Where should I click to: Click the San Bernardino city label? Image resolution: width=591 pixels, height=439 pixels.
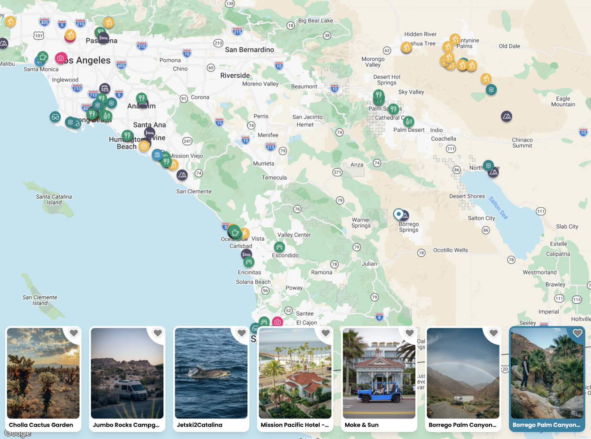[x=249, y=50]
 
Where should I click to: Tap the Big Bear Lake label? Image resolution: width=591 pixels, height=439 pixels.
[x=315, y=21]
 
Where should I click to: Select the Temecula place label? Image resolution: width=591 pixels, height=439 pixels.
[x=274, y=178]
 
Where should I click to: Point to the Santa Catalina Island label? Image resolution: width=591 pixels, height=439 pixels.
[x=54, y=199]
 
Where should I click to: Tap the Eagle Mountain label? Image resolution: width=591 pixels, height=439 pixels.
[x=563, y=101]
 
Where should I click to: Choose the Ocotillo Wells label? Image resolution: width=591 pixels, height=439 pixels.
[x=450, y=250]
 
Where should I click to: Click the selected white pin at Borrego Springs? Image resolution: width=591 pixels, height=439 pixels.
[x=398, y=214]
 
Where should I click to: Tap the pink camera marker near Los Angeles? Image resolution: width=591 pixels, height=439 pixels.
[x=61, y=58]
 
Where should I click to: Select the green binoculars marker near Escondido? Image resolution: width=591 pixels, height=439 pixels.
[x=279, y=247]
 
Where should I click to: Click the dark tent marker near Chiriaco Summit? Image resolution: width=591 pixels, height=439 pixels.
[x=506, y=117]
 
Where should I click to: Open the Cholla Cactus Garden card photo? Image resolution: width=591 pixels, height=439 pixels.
[x=43, y=373]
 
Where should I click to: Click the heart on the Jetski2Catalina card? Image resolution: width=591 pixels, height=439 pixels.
[x=242, y=333]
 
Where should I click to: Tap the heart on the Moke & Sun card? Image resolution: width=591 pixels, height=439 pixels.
[x=409, y=333]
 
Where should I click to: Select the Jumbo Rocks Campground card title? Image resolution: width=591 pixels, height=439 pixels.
[x=126, y=425]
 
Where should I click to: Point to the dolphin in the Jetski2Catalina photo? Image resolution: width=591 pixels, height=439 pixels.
[x=209, y=373]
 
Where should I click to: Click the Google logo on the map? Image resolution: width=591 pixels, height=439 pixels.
[x=18, y=433]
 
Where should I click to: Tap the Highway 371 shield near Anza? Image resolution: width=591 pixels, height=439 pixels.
[x=337, y=172]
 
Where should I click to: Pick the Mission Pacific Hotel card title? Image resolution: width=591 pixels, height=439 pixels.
[x=294, y=425]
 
